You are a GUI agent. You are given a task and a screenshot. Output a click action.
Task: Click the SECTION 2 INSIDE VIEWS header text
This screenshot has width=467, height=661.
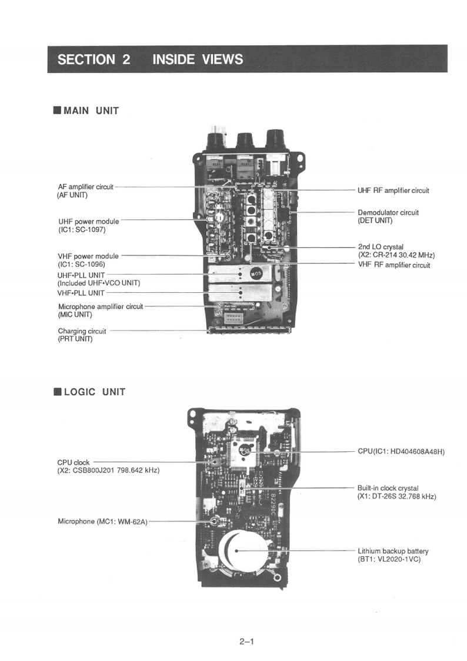pyautogui.click(x=150, y=59)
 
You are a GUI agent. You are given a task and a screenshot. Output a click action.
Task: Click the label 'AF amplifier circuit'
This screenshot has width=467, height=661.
pyautogui.click(x=85, y=187)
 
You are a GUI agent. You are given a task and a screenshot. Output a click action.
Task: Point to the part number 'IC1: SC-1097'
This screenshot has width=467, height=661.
pyautogui.click(x=82, y=230)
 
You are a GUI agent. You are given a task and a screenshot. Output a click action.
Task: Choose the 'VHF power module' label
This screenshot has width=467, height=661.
pyautogui.click(x=88, y=256)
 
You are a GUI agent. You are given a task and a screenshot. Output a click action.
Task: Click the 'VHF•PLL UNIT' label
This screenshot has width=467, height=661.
pyautogui.click(x=81, y=293)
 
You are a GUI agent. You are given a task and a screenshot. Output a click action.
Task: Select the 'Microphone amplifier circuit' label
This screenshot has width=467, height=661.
pyautogui.click(x=101, y=306)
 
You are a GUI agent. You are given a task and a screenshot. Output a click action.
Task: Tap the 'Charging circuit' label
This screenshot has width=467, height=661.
pyautogui.click(x=82, y=331)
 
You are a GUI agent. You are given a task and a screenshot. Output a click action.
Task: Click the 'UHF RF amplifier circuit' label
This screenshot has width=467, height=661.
pyautogui.click(x=393, y=190)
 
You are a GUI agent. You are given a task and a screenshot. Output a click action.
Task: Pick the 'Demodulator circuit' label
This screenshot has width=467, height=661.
pyautogui.click(x=388, y=212)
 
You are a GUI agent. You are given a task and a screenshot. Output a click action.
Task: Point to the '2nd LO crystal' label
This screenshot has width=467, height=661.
pyautogui.click(x=381, y=247)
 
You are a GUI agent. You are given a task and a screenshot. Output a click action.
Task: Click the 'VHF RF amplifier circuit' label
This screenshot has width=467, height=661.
pyautogui.click(x=394, y=265)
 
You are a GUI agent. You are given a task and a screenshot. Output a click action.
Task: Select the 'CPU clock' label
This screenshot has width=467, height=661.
pyautogui.click(x=74, y=462)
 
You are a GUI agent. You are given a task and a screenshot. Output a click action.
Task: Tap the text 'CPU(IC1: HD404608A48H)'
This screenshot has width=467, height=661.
pyautogui.click(x=401, y=452)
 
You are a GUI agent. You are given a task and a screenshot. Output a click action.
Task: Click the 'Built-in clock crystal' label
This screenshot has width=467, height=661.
pyautogui.click(x=388, y=488)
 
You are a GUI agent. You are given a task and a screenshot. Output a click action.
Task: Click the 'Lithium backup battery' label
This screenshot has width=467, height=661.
pyautogui.click(x=393, y=551)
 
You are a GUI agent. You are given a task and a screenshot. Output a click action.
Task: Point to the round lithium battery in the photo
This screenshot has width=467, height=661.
pyautogui.click(x=237, y=551)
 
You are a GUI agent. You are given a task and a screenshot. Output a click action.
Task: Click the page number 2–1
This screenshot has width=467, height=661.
pyautogui.click(x=246, y=642)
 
